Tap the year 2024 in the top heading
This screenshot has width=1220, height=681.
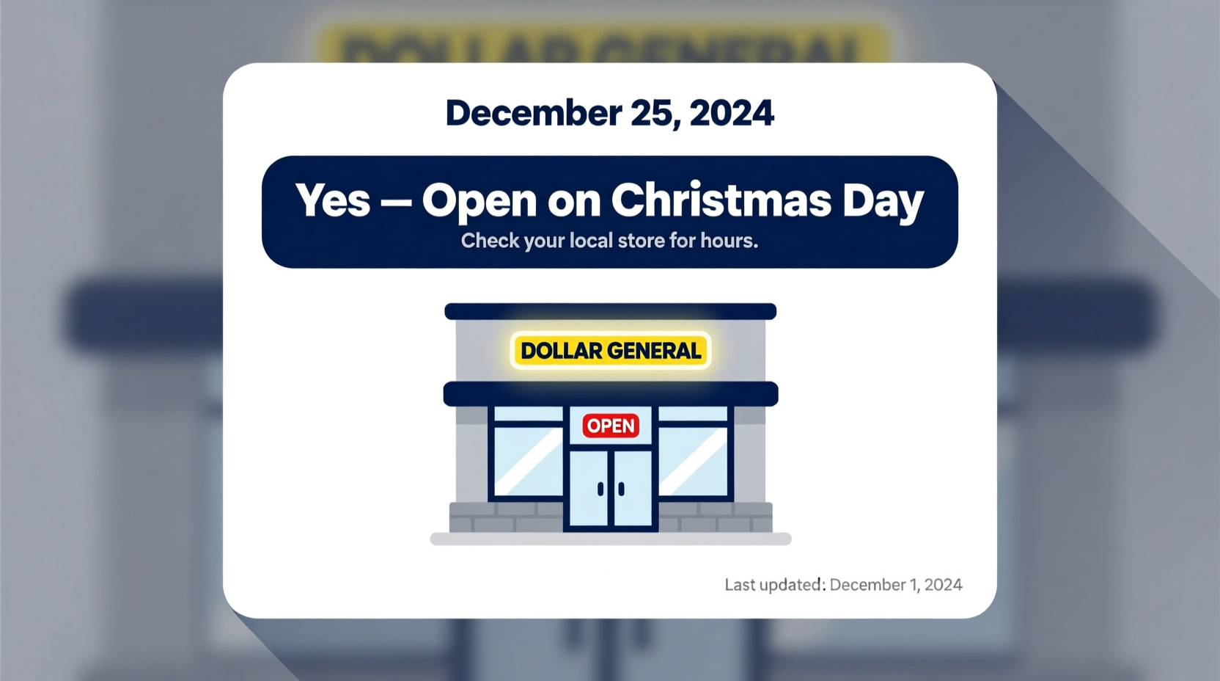coord(731,113)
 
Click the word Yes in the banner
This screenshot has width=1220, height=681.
coord(333,200)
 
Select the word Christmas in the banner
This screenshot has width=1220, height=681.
coord(721,200)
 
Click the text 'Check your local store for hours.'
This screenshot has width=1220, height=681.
coord(609,241)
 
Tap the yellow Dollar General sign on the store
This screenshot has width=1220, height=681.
coord(611,351)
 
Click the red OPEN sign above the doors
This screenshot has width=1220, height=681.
coord(611,426)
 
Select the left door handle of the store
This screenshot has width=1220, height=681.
coord(600,489)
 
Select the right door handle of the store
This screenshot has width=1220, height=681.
coord(622,489)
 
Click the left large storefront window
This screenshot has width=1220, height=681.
coord(528,461)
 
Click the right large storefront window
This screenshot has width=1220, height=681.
coord(694,461)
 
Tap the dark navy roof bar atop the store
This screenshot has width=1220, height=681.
coord(610,311)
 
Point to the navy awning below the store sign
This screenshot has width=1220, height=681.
coord(610,394)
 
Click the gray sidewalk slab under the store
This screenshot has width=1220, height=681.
coord(610,539)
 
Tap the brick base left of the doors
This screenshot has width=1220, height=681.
coord(506,517)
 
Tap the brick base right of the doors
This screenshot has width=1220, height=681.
coord(715,517)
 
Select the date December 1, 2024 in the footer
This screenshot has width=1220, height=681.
coord(896,585)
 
